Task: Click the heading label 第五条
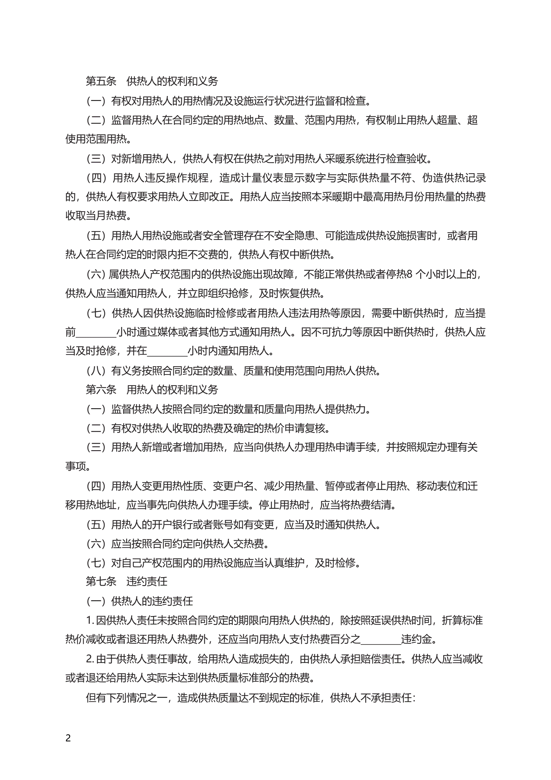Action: pyautogui.click(x=101, y=81)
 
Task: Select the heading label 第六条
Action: pyautogui.click(x=101, y=390)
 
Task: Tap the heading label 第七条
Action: pyautogui.click(x=101, y=581)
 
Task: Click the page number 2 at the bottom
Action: pyautogui.click(x=68, y=738)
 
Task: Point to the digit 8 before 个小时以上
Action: pyautogui.click(x=409, y=274)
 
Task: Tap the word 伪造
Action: pyautogui.click(x=432, y=178)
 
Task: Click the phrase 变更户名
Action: pyautogui.click(x=233, y=486)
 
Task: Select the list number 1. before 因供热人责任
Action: pyautogui.click(x=90, y=621)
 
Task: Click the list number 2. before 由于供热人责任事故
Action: pyautogui.click(x=90, y=659)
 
